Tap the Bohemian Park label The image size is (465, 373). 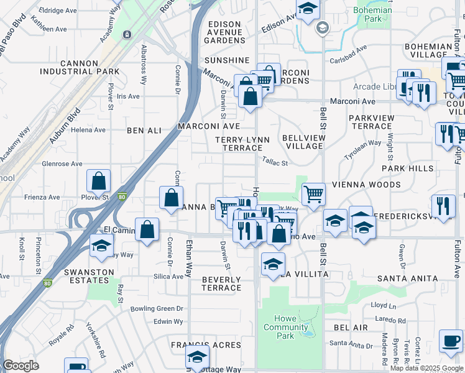[x=372, y=15]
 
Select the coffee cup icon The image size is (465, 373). [x=451, y=341]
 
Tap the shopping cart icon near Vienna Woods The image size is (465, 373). [x=314, y=194]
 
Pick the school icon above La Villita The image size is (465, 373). [x=273, y=264]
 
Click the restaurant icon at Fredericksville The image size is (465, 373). [x=443, y=207]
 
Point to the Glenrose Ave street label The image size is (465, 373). [x=62, y=164]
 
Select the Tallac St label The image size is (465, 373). [x=275, y=163]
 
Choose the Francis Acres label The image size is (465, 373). [x=206, y=345]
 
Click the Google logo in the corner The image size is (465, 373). [x=21, y=366]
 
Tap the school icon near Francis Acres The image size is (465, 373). [x=198, y=357]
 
